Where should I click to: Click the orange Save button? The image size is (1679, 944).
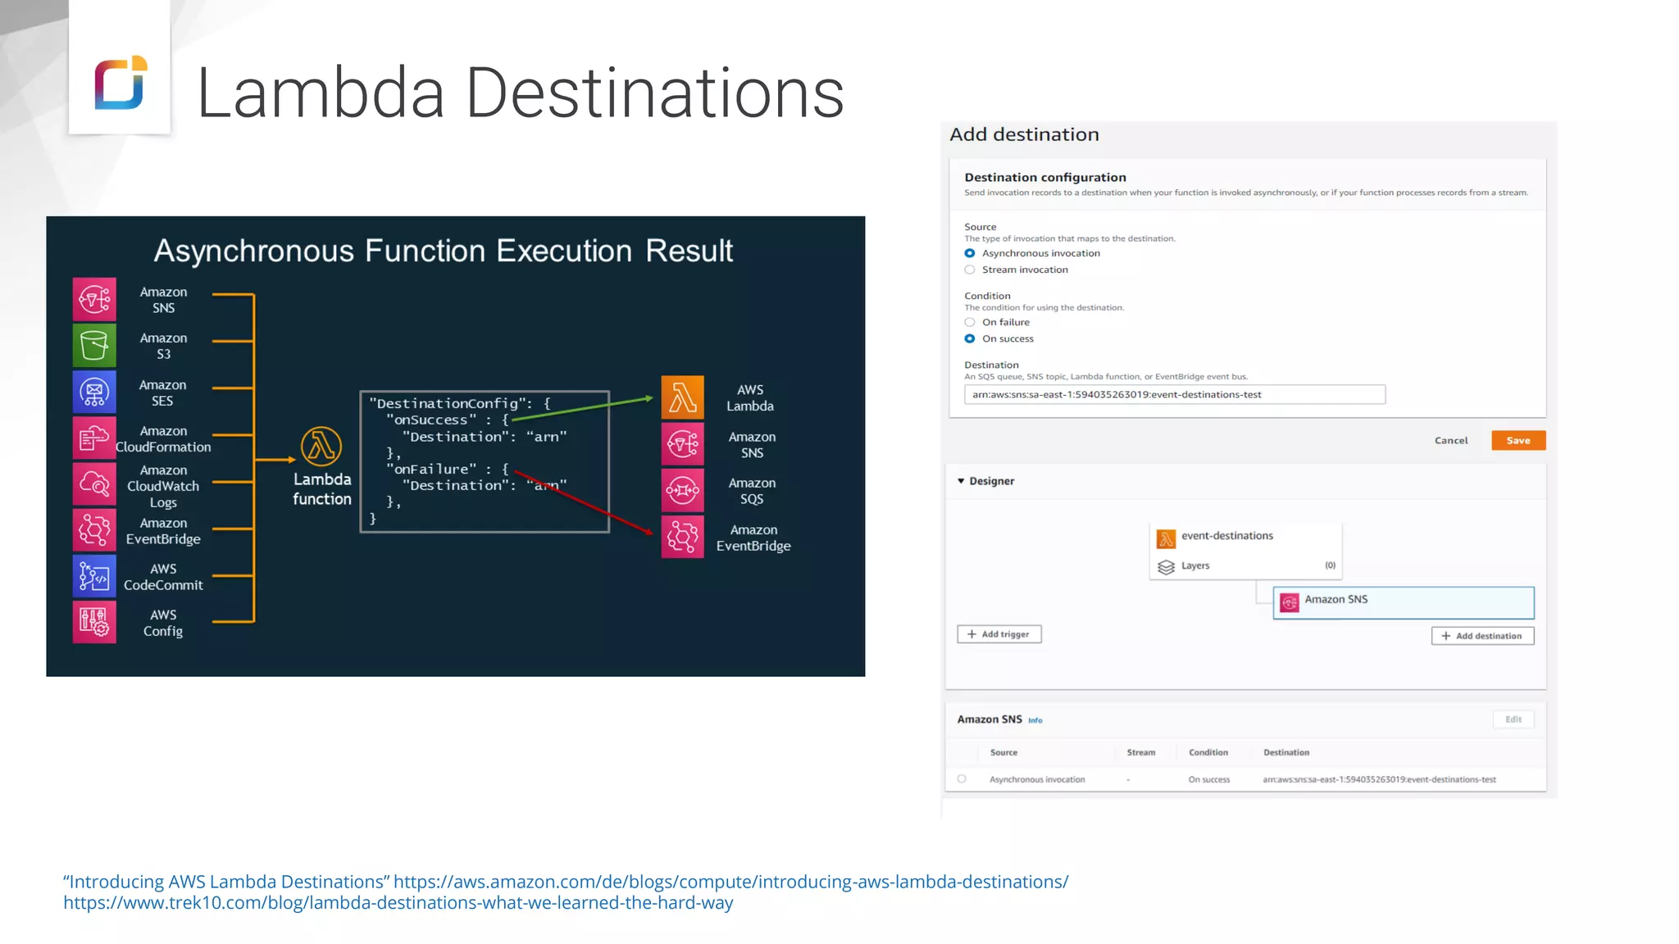tap(1517, 440)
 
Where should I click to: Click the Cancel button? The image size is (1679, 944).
tap(1450, 440)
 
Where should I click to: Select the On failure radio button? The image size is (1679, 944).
tap(970, 322)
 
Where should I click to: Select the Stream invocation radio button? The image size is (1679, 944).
tap(970, 270)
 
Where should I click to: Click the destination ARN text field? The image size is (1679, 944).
tap(1174, 394)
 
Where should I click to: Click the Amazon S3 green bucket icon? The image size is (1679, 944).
tap(94, 345)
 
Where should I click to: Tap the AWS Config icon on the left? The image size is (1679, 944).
tap(94, 622)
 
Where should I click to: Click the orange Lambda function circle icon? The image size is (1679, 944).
tap(321, 447)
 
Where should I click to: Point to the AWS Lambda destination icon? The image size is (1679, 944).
tap(682, 397)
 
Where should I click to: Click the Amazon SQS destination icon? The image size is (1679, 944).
tap(682, 490)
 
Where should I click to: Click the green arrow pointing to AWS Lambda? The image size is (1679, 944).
tap(582, 408)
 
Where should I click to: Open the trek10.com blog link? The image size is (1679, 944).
tap(398, 902)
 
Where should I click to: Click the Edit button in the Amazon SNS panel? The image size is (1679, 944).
tap(1513, 719)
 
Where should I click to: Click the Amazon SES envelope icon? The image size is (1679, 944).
tap(94, 392)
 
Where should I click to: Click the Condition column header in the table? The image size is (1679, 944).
tap(1208, 752)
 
